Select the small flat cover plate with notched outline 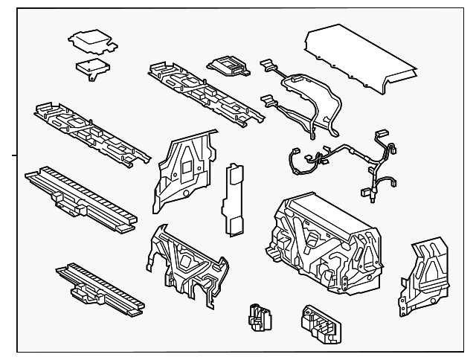pyautogui.click(x=91, y=41)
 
